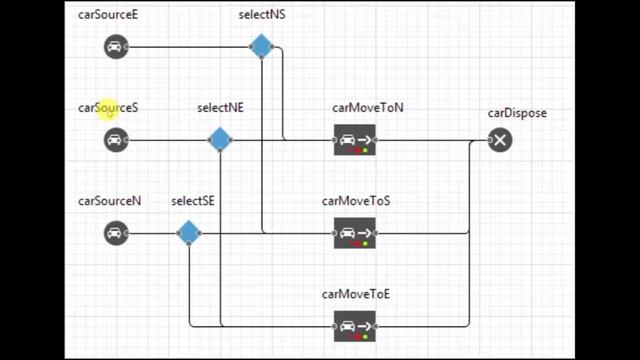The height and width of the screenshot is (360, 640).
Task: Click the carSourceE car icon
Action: (x=116, y=47)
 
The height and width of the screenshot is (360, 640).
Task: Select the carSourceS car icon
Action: (x=116, y=140)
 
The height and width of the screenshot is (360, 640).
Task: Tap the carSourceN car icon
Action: (x=116, y=234)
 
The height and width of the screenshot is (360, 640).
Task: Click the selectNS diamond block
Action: (x=261, y=47)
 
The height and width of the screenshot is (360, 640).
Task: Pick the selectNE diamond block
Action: (x=219, y=140)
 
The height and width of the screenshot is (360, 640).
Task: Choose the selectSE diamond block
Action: (x=188, y=234)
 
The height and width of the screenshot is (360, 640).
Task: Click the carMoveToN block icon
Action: (x=355, y=141)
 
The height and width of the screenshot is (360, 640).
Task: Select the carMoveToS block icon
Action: (x=355, y=234)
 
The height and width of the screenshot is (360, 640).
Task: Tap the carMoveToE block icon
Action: (x=355, y=326)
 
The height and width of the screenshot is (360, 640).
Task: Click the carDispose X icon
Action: (x=500, y=140)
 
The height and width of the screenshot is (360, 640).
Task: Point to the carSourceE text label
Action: (x=108, y=15)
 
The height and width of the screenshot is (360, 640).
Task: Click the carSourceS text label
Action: (x=108, y=108)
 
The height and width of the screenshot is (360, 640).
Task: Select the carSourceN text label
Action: (x=109, y=201)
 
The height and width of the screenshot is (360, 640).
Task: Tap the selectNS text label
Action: (x=262, y=15)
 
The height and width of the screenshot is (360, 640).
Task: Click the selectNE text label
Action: (x=220, y=108)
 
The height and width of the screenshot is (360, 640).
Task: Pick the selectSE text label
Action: (x=193, y=201)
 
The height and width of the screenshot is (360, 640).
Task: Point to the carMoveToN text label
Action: (x=368, y=108)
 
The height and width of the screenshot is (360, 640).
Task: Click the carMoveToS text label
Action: (x=356, y=201)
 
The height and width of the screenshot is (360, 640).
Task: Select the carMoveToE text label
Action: (x=356, y=294)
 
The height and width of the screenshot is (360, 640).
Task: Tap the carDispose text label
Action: (x=517, y=113)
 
